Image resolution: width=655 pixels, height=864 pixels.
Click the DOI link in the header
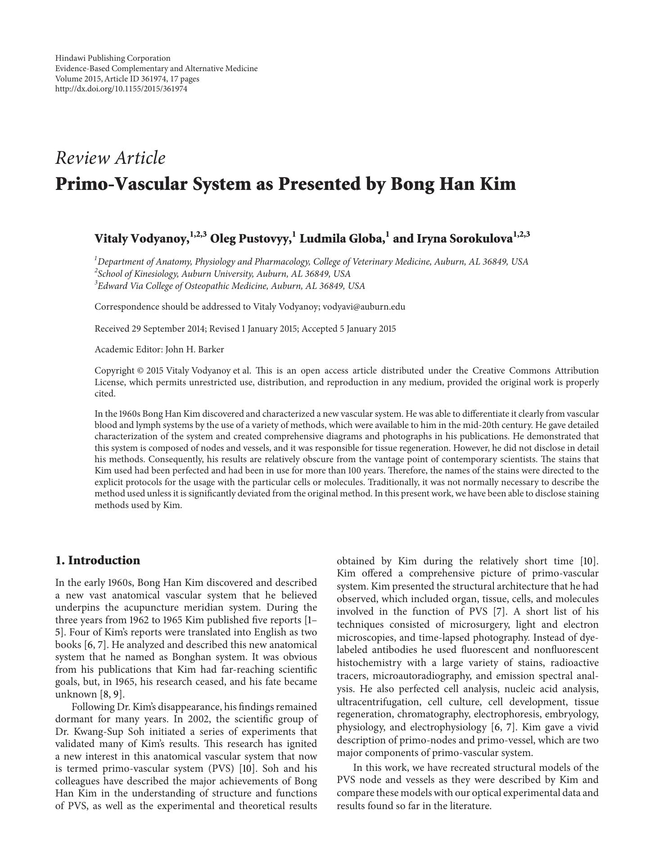pos(121,89)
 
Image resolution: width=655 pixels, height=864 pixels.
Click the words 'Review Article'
pos(110,158)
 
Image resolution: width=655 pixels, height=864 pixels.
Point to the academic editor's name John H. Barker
pos(194,349)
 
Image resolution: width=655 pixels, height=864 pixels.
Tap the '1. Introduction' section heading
pos(98,560)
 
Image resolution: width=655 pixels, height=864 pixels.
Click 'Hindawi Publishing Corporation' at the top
pos(113,58)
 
